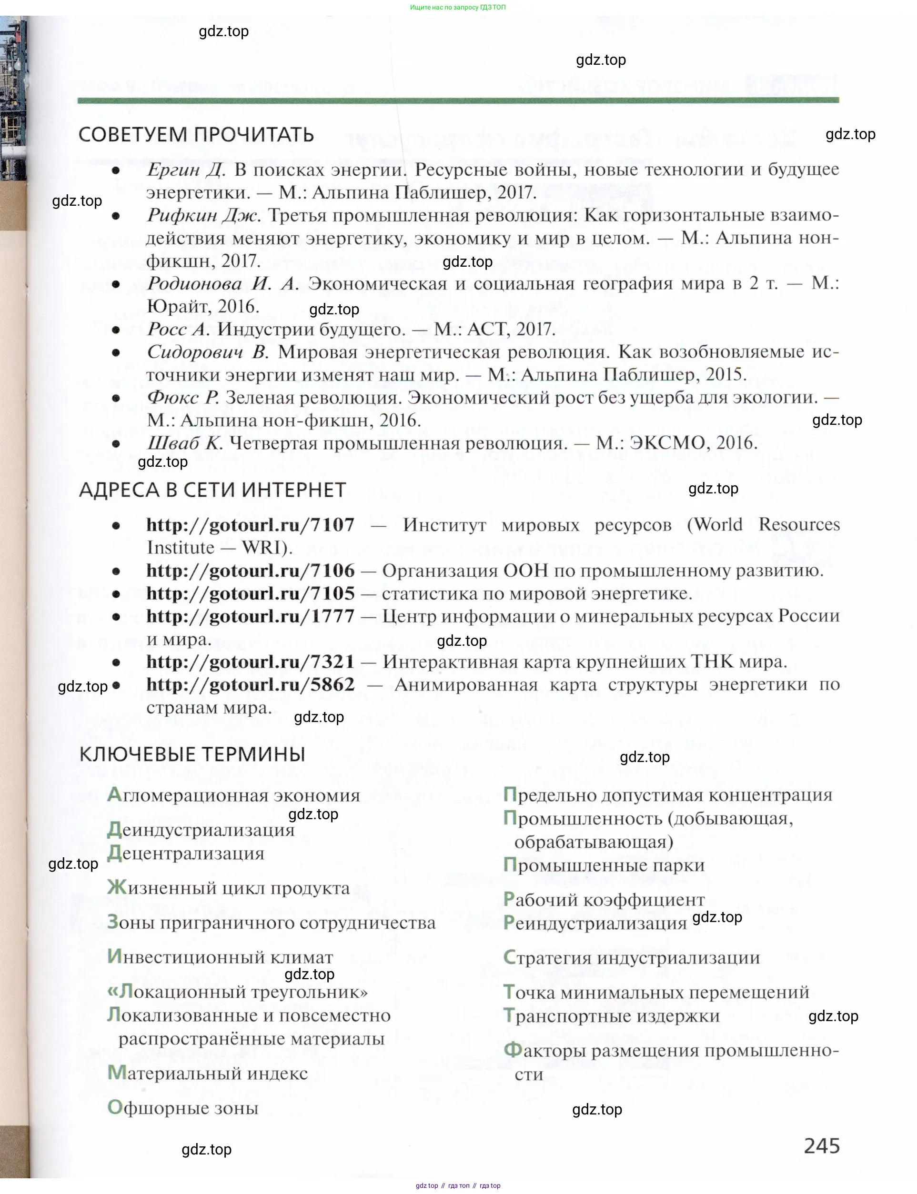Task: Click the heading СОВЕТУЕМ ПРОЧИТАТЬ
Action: pyautogui.click(x=196, y=135)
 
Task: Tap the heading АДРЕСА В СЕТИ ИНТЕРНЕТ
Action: pyautogui.click(x=212, y=490)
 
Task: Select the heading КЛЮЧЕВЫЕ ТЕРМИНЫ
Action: pyautogui.click(x=192, y=754)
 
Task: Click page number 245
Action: pyautogui.click(x=821, y=1145)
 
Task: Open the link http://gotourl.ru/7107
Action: pyautogui.click(x=250, y=525)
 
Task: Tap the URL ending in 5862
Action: pyautogui.click(x=250, y=684)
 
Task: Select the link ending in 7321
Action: pyautogui.click(x=250, y=662)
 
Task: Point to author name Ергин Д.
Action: pyautogui.click(x=186, y=170)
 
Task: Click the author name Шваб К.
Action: pyautogui.click(x=184, y=443)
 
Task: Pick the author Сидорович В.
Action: pyautogui.click(x=207, y=352)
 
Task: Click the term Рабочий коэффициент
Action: pyautogui.click(x=604, y=899)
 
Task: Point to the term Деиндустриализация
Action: pyautogui.click(x=201, y=830)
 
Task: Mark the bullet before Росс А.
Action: pyautogui.click(x=116, y=330)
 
